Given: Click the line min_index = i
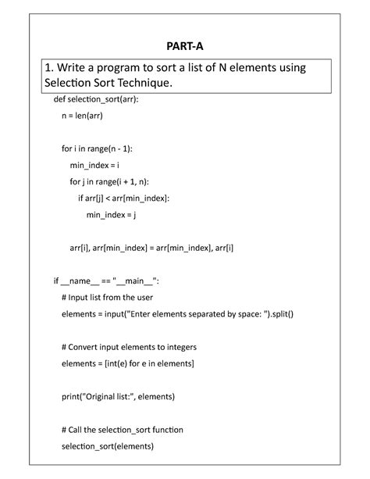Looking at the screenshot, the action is click(x=93, y=165).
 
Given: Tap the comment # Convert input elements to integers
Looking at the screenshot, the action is click(x=129, y=346).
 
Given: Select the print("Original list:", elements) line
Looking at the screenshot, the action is click(x=118, y=396).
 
